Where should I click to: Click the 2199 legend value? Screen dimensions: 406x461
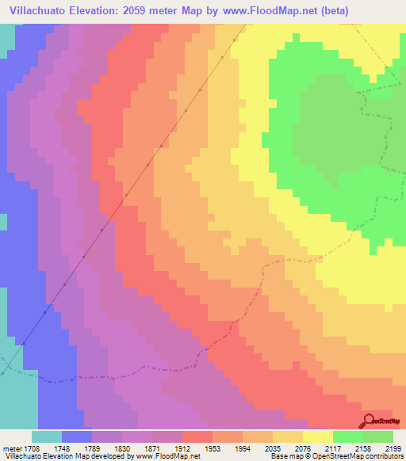(x=395, y=448)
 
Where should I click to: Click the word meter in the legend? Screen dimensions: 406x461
(x=12, y=448)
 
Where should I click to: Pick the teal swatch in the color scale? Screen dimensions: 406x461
(x=47, y=436)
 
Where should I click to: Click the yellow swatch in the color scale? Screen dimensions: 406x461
(x=318, y=436)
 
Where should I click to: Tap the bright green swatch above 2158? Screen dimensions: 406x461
(x=348, y=436)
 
